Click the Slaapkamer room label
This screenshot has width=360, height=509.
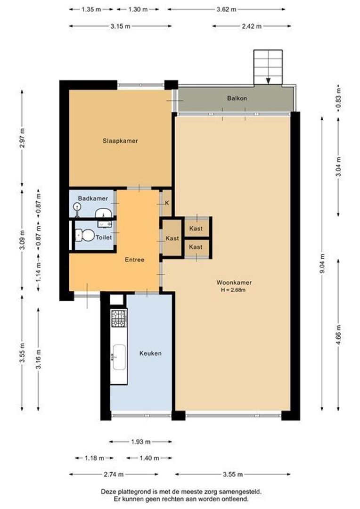(120, 140)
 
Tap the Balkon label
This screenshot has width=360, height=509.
(237, 99)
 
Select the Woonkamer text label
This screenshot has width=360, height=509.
(234, 283)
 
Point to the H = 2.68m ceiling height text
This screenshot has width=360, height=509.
(234, 290)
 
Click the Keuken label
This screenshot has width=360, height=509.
(151, 353)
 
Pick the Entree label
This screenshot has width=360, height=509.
(134, 260)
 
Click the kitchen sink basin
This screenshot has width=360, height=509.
(119, 357)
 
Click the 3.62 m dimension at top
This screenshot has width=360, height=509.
(226, 9)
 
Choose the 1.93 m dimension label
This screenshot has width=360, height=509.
(140, 442)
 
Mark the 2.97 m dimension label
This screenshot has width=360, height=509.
(22, 137)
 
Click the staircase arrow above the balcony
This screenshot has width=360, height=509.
(268, 80)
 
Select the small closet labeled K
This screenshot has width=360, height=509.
(166, 203)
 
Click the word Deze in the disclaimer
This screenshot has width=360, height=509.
(108, 491)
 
